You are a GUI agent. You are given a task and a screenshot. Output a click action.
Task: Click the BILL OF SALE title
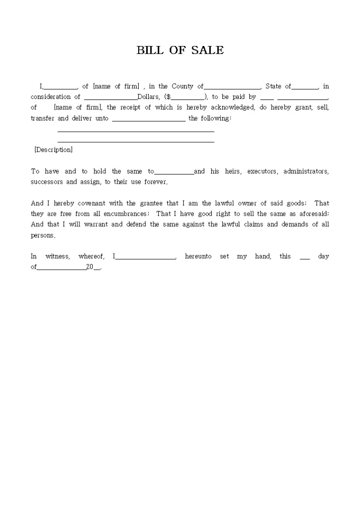pos(180,51)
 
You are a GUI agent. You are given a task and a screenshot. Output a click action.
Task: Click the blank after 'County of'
pos(232,87)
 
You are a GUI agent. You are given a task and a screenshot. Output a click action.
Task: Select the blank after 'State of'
pos(305,87)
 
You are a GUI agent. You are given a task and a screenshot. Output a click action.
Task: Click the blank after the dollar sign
pos(187,97)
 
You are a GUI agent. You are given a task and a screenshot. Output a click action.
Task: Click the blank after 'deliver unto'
pos(149,119)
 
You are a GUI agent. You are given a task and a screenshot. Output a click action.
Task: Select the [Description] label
pos(53,150)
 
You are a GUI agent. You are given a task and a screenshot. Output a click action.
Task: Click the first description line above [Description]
pos(136,131)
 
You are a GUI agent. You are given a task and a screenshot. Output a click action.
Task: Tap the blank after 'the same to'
pos(174,172)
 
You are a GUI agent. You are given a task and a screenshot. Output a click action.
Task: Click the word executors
pos(263,171)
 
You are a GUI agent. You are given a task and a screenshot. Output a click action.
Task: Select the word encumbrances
pos(123,214)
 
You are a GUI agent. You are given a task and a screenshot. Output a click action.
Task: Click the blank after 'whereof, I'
pos(146,257)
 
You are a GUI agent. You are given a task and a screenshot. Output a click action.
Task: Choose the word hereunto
pos(198,257)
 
